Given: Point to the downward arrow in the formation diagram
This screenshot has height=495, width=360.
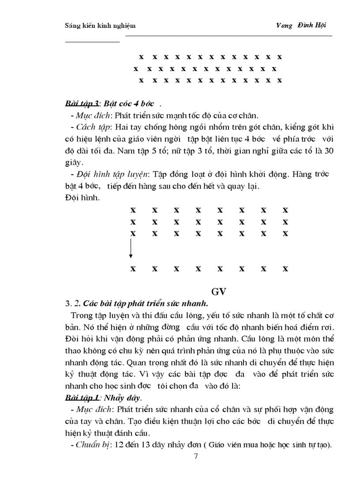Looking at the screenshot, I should pos(131,249).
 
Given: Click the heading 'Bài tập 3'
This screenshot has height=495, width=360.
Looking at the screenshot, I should pos(81,104).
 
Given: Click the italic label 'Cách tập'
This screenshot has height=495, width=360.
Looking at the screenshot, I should pos(90,127).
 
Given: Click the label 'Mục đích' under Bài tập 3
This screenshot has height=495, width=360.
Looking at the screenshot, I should pos(90,115).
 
